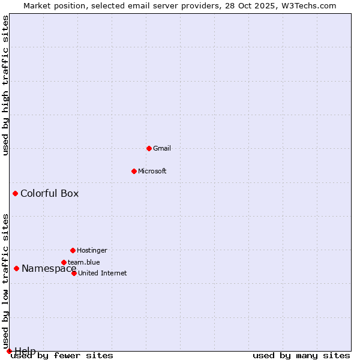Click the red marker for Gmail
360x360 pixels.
click(149, 148)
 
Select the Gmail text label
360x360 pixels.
click(162, 148)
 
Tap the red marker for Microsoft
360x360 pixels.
click(134, 171)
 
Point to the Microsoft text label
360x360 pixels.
click(152, 171)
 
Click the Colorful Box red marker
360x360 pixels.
click(15, 193)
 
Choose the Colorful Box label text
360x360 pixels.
click(49, 193)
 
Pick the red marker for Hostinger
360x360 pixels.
click(73, 250)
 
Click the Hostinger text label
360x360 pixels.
click(92, 250)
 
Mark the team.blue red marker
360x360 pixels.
click(64, 262)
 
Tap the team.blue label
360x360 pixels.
click(84, 262)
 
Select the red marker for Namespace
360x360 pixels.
click(16, 268)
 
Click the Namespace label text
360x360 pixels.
click(49, 269)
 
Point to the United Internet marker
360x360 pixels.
click(74, 273)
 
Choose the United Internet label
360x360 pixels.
click(103, 273)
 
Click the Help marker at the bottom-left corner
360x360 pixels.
click(9, 351)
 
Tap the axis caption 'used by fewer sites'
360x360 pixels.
click(62, 356)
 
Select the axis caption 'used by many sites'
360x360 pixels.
click(301, 356)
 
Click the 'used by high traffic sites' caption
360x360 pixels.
click(5, 85)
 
